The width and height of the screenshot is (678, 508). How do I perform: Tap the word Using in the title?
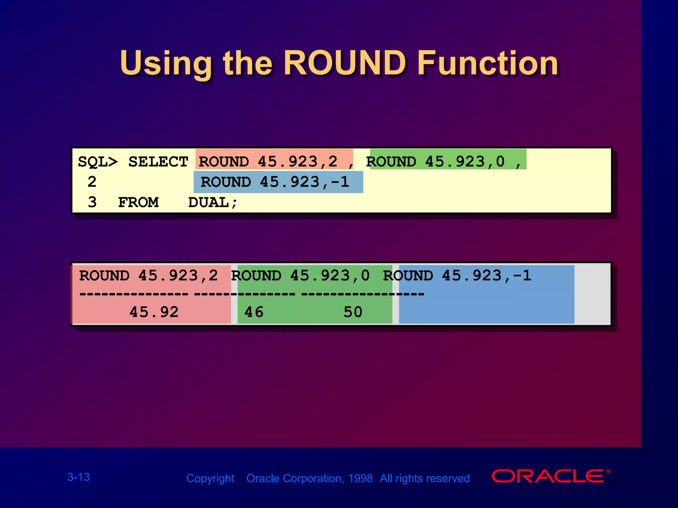pyautogui.click(x=166, y=63)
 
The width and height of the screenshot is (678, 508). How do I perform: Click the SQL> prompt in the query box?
pyautogui.click(x=98, y=162)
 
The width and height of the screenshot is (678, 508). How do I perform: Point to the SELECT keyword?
pyautogui.click(x=158, y=162)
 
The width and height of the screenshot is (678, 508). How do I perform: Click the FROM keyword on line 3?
pyautogui.click(x=138, y=202)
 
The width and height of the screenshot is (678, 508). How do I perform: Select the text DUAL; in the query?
pyautogui.click(x=213, y=202)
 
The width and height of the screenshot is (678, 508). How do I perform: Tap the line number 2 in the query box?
pyautogui.click(x=92, y=182)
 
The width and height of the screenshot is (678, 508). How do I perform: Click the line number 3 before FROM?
pyautogui.click(x=92, y=202)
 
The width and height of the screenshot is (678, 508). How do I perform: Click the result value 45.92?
pyautogui.click(x=154, y=312)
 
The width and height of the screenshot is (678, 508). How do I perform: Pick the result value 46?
pyautogui.click(x=254, y=312)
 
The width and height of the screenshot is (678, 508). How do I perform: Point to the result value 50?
pyautogui.click(x=353, y=312)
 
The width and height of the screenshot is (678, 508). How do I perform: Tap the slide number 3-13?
pyautogui.click(x=78, y=477)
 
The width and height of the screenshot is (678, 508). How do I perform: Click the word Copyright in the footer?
pyautogui.click(x=210, y=478)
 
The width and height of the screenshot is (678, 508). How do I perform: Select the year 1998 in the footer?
pyautogui.click(x=360, y=478)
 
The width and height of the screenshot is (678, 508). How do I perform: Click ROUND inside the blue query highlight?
pyautogui.click(x=226, y=182)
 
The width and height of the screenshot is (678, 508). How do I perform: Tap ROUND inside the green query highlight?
pyautogui.click(x=391, y=162)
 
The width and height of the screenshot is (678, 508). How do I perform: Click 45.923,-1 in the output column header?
pyautogui.click(x=487, y=275)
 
